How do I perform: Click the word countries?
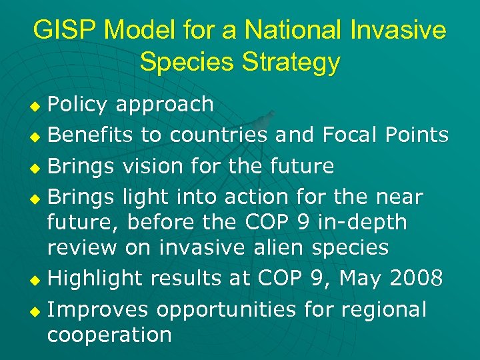pos(219,135)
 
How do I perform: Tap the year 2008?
pos(416,279)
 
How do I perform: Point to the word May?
pos(361,279)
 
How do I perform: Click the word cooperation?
pos(109,335)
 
